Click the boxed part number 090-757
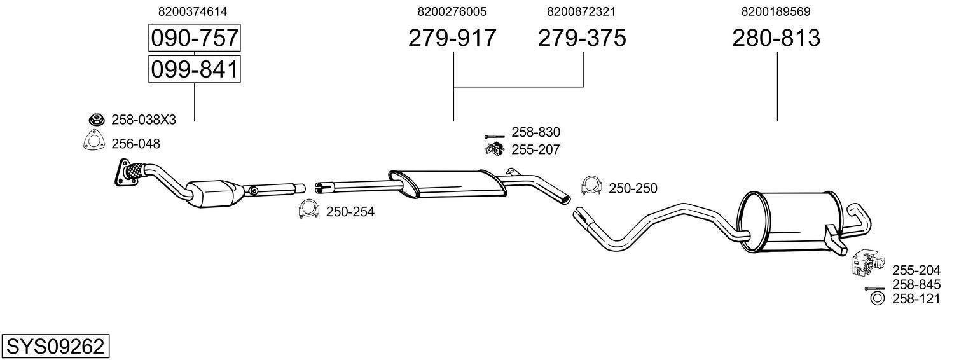194,39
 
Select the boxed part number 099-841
194,69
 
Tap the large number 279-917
452,39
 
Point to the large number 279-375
582,39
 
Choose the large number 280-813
776,39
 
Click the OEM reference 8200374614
194,11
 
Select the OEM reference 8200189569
776,11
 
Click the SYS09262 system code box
55,347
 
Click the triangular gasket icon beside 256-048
93,142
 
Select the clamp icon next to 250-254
308,210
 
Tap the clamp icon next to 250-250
591,186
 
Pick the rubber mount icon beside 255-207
493,149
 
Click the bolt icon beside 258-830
493,136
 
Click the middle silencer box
445,182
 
